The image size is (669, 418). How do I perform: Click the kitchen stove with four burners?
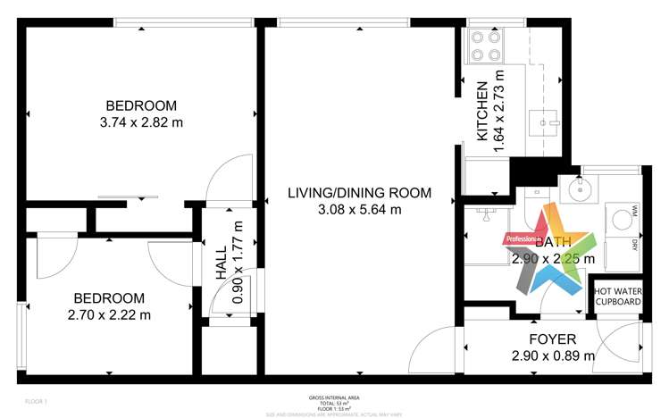[x=483, y=46]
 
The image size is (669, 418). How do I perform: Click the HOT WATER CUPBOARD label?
[x=617, y=297]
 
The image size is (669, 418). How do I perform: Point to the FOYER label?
[x=553, y=339]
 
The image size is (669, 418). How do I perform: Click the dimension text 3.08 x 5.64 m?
[x=359, y=210]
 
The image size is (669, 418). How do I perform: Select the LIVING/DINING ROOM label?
[x=359, y=192]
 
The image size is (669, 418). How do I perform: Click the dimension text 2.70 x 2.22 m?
[x=109, y=314]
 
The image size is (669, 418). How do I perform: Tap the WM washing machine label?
[x=634, y=211]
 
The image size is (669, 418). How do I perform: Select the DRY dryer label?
[x=634, y=244]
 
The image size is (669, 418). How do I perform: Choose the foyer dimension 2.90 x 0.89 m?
[x=553, y=356]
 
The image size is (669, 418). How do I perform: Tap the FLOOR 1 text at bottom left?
[x=35, y=402]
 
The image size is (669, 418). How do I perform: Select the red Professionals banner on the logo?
[x=523, y=239]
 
